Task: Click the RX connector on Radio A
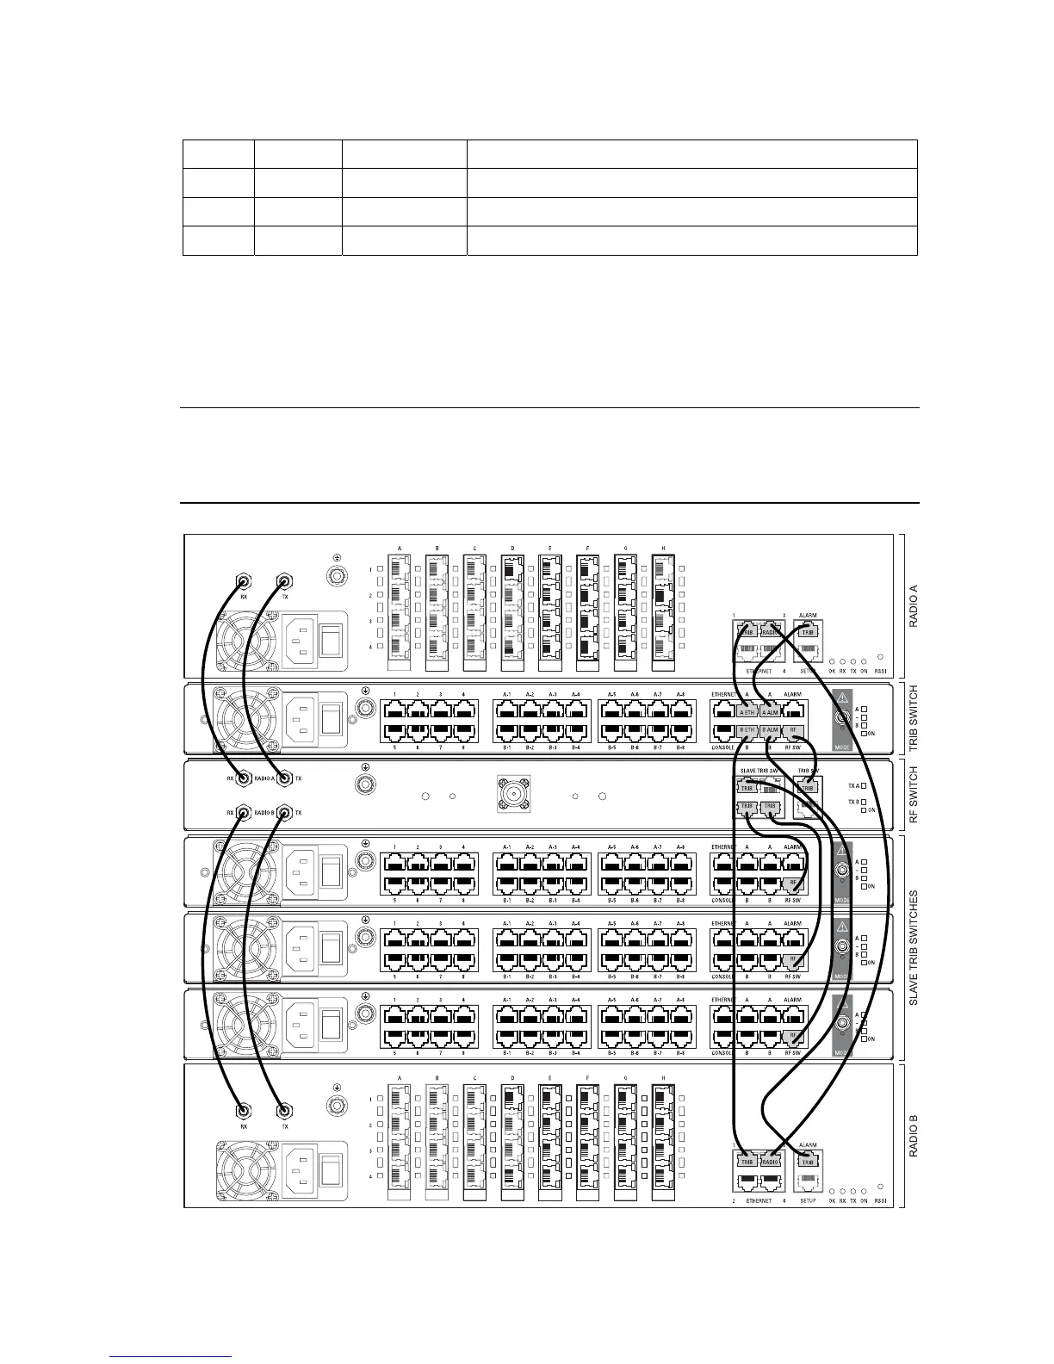(x=244, y=583)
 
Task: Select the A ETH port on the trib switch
(x=747, y=711)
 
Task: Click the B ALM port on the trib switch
(x=770, y=731)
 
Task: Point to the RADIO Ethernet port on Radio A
(x=770, y=631)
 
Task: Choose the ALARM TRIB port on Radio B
(x=808, y=1161)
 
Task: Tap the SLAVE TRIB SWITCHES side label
(x=914, y=948)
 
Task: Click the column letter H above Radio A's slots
(x=663, y=549)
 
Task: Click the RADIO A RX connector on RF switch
(x=244, y=778)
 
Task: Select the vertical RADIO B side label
(x=914, y=1135)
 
